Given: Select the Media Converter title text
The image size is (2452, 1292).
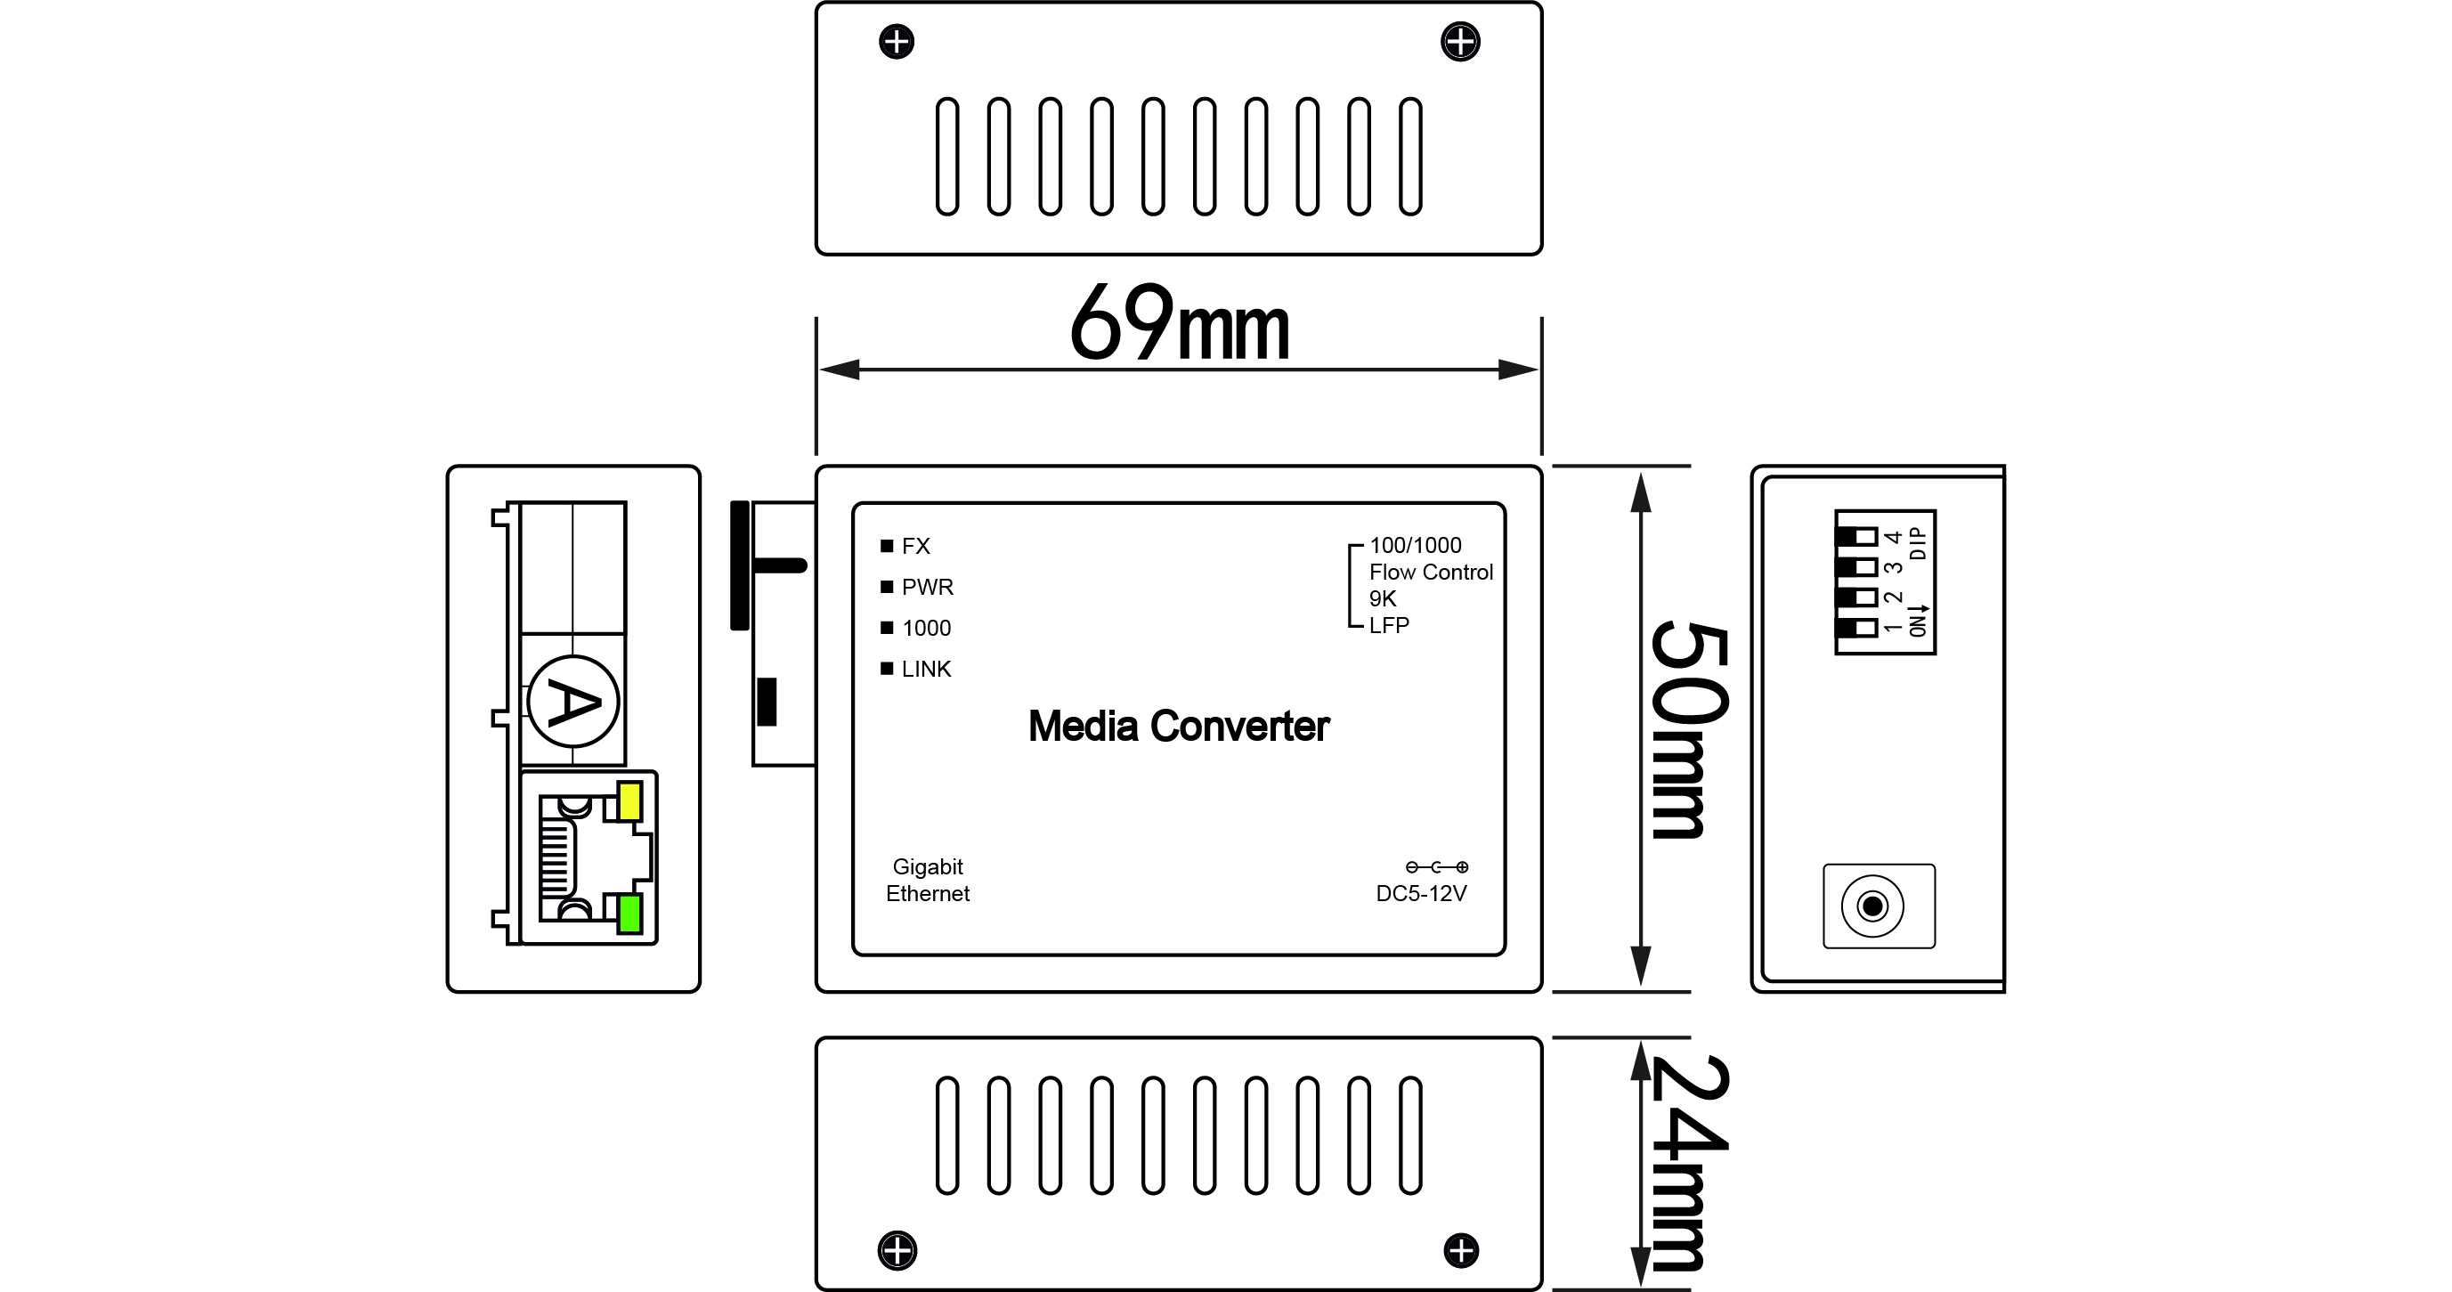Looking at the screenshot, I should (x=1179, y=727).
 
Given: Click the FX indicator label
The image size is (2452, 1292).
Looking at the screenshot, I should (x=914, y=547).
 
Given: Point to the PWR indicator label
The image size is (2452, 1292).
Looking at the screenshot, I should (x=926, y=588).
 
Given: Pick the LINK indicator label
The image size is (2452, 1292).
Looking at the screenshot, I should (x=925, y=670).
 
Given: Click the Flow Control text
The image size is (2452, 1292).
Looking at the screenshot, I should (x=1431, y=573).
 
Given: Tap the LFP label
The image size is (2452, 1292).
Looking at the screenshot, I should (x=1389, y=626).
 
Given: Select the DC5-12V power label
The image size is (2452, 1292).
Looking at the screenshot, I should (x=1421, y=893).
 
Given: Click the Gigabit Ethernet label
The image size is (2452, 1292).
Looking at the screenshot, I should (x=927, y=880).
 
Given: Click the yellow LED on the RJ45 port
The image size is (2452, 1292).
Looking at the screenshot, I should (x=629, y=800).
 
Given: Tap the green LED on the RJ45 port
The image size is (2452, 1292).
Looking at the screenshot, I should (x=629, y=914).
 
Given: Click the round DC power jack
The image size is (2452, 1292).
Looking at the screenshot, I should (x=1871, y=906).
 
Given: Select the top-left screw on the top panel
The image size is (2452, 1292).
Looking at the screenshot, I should (x=897, y=42).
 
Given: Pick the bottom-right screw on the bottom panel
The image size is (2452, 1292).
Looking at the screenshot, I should (x=1461, y=1250).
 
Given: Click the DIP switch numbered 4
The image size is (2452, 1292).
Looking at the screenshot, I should (x=1857, y=537).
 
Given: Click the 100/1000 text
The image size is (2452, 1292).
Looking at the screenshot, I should (x=1415, y=546).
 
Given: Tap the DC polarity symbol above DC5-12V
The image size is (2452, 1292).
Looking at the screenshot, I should (x=1436, y=867).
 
